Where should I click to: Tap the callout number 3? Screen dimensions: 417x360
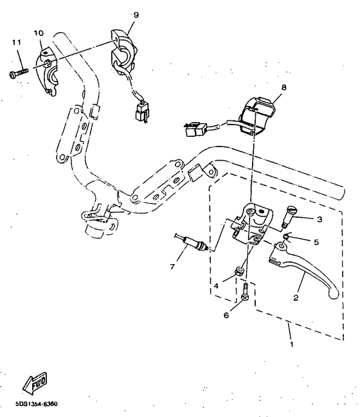pos(320,219)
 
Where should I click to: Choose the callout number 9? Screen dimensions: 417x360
pos(135,14)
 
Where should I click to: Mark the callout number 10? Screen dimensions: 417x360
pos(38,32)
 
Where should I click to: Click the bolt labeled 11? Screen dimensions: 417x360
pos(17,74)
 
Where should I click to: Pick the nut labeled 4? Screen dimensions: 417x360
pos(238,272)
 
